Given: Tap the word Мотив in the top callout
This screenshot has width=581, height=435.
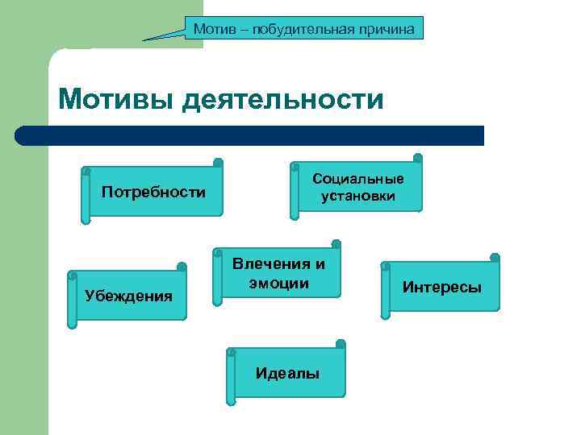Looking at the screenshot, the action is tap(210, 30).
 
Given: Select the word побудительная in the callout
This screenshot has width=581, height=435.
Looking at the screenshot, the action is tap(303, 30).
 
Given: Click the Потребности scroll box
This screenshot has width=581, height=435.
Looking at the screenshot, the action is tap(153, 193).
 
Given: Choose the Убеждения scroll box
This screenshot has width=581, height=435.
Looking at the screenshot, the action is tap(128, 296).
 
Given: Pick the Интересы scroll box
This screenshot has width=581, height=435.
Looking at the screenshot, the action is tap(441, 287).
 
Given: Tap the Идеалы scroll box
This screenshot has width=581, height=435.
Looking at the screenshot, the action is tap(287, 373).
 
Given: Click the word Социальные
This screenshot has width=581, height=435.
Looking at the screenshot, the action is tap(358, 179).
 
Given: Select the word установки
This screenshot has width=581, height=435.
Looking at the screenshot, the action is tap(358, 196).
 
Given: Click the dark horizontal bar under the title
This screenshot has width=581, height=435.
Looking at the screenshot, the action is tap(250, 135).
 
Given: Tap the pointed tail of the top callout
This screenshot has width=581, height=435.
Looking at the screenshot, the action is tap(146, 39).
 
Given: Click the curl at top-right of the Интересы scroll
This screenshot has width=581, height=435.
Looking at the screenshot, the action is tap(495, 259).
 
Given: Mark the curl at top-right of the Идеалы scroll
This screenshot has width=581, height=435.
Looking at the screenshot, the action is tap(341, 344).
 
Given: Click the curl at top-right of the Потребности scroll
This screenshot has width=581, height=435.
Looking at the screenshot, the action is tap(218, 162).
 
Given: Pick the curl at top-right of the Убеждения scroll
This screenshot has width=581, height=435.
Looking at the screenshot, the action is tap(182, 267).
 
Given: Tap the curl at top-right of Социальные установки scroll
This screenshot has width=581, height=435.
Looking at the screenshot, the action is tap(417, 158).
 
